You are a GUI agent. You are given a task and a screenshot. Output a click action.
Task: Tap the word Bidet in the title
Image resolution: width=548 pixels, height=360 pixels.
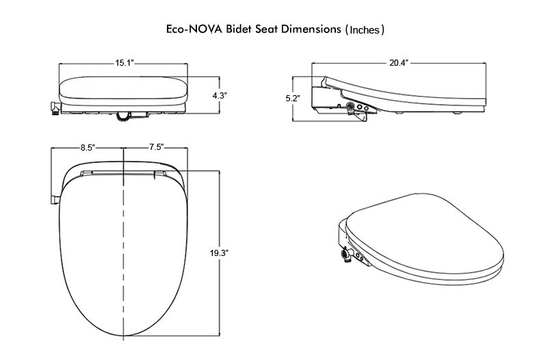[246, 29]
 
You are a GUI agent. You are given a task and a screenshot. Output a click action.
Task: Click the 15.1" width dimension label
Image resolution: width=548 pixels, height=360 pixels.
[124, 63]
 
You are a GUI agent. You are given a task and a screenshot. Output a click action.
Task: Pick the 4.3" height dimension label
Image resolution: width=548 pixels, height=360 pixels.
[219, 97]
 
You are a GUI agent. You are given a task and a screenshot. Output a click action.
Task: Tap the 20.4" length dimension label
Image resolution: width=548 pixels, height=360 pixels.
[399, 63]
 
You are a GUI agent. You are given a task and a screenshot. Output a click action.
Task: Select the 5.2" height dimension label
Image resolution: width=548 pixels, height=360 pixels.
[293, 99]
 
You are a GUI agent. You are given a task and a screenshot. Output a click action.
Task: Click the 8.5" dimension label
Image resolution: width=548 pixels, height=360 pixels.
[88, 147]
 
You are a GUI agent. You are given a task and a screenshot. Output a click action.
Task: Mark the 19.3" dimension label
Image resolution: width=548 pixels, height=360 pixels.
[219, 253]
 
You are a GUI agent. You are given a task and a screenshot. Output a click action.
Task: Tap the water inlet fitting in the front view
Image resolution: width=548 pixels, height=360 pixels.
[54, 109]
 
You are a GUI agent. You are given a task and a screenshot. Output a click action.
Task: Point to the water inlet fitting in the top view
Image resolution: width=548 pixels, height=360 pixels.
[54, 198]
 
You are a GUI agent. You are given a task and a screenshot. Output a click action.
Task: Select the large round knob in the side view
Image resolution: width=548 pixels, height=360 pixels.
[352, 107]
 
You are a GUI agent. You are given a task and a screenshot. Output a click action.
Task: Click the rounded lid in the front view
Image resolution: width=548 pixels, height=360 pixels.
[124, 86]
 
